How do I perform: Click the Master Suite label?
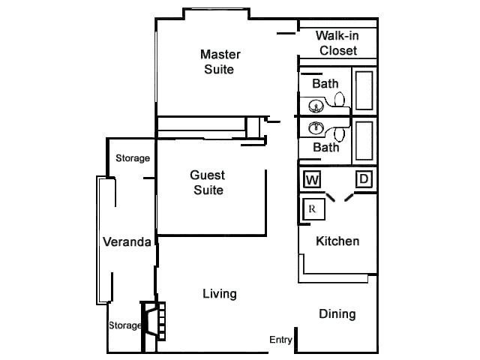(x=220, y=61)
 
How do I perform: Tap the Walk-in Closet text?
(x=337, y=43)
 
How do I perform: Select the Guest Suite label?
(x=208, y=182)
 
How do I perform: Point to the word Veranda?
(x=127, y=241)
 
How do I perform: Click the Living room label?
(x=220, y=293)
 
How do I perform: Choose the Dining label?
(x=337, y=313)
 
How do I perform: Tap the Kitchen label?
(x=337, y=241)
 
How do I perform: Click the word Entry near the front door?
(x=280, y=340)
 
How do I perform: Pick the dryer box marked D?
(x=363, y=178)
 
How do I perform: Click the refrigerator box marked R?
(x=312, y=209)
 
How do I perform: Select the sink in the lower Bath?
(x=316, y=127)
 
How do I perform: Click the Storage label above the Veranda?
(x=133, y=158)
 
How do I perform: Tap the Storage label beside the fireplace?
(x=124, y=325)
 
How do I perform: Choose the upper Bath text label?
(x=325, y=83)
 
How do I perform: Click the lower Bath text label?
(x=325, y=147)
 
